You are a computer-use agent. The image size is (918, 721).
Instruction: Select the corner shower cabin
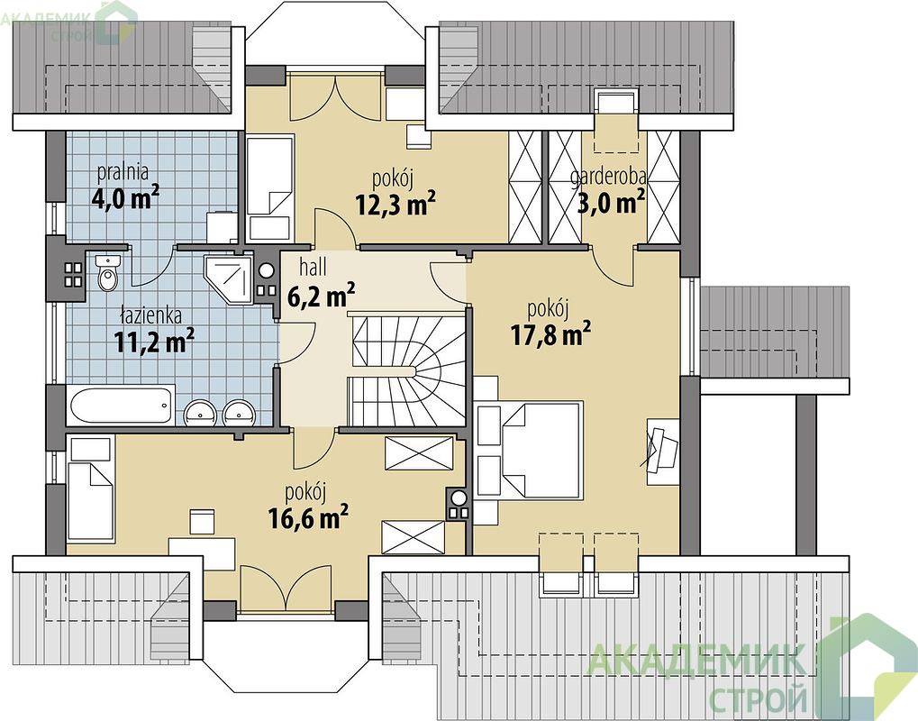tap(228, 278)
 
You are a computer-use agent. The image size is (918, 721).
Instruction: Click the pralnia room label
tap(123, 171)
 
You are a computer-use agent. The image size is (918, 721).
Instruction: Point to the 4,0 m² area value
tap(126, 198)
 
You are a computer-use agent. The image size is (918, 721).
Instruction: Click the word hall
tap(314, 268)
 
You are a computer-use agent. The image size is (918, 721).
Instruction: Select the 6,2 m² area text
tap(322, 296)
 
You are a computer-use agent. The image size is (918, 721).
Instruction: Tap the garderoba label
tap(609, 177)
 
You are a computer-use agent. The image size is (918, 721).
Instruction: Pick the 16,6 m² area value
tap(308, 517)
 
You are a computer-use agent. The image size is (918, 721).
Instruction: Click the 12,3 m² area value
tap(395, 204)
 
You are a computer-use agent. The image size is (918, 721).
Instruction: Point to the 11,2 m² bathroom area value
tap(154, 342)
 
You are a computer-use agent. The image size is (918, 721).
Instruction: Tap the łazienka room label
tap(151, 315)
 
